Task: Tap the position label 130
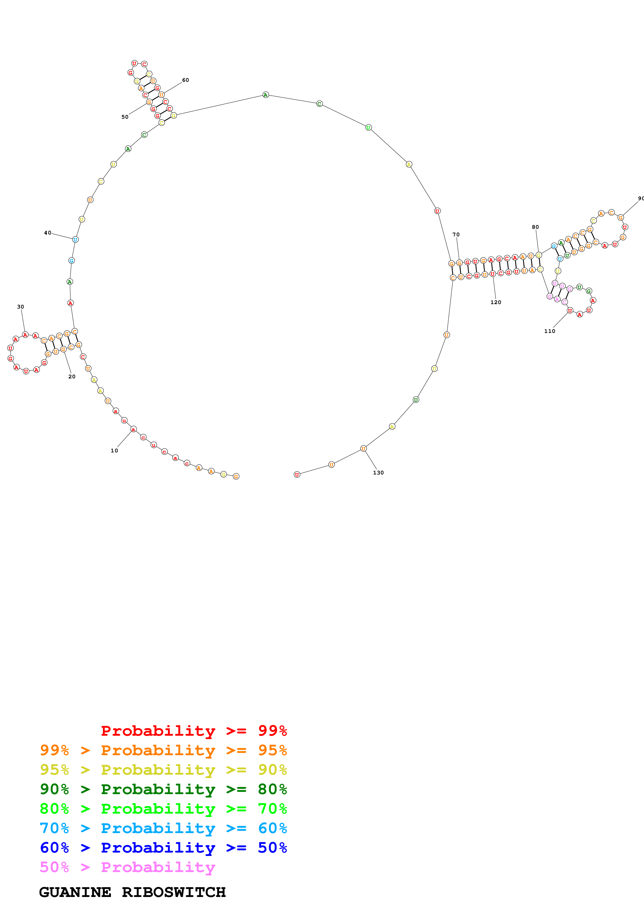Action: click(378, 473)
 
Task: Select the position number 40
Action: click(48, 233)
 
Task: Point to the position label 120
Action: click(496, 302)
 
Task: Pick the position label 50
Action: click(125, 117)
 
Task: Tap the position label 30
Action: click(21, 307)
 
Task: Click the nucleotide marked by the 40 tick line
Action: click(75, 239)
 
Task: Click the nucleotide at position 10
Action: click(133, 429)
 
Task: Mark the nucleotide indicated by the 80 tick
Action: click(539, 255)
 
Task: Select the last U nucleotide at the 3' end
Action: click(297, 474)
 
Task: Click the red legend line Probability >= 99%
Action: click(194, 731)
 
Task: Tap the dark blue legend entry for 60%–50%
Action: click(163, 848)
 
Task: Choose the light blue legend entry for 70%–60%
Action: click(163, 828)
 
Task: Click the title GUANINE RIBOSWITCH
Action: click(132, 892)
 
